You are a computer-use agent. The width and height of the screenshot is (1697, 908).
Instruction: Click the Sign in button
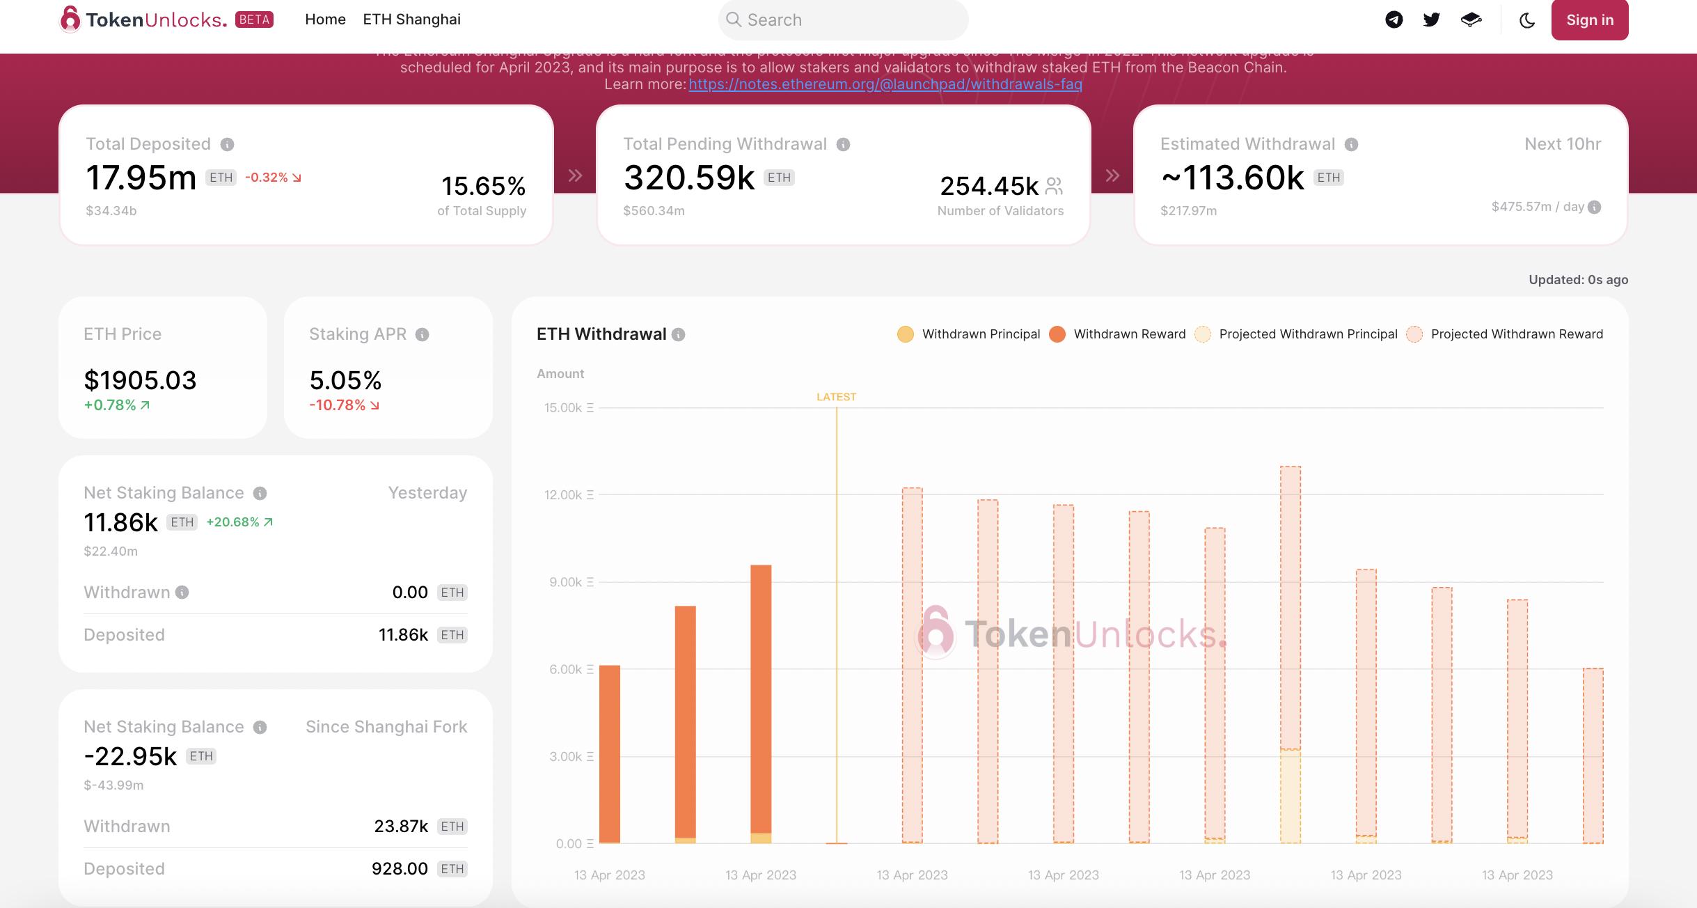click(x=1589, y=20)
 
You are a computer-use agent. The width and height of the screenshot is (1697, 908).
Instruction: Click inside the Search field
click(x=843, y=20)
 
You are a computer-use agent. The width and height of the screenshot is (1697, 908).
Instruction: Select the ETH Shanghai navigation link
click(x=411, y=19)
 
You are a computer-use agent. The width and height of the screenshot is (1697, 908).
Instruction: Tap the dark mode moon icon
click(x=1527, y=20)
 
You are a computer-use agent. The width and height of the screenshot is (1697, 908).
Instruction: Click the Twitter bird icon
click(x=1431, y=19)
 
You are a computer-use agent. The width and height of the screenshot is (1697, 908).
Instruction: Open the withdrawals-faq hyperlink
click(x=885, y=84)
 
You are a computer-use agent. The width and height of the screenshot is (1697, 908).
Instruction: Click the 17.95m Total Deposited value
click(x=141, y=178)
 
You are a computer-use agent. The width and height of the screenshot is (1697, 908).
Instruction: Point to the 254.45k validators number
click(x=988, y=186)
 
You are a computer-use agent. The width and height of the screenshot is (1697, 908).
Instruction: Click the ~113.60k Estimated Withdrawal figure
click(x=1232, y=178)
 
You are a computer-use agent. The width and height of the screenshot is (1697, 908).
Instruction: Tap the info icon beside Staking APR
click(x=422, y=335)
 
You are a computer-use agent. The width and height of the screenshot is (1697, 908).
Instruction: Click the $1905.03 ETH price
click(x=140, y=380)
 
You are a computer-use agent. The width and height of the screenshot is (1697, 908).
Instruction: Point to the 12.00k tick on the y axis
click(x=563, y=495)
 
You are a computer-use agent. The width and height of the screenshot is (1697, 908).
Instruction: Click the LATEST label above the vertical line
click(x=836, y=397)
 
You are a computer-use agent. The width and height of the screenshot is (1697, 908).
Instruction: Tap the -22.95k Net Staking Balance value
click(x=130, y=756)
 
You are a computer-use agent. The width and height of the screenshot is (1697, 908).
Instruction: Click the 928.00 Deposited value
click(x=400, y=868)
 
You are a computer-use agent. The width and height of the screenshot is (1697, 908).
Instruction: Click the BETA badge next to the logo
click(x=254, y=19)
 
